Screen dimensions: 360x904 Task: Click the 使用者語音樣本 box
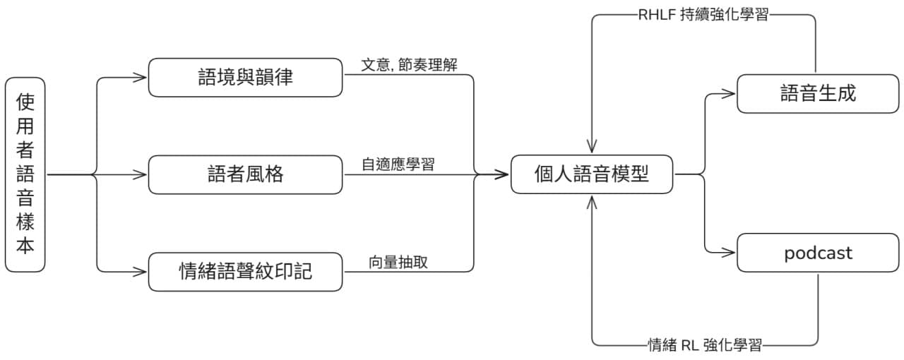(x=25, y=174)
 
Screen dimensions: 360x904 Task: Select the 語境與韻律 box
(x=245, y=77)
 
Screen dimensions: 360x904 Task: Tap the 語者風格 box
(x=245, y=174)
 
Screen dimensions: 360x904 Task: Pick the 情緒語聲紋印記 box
(x=245, y=272)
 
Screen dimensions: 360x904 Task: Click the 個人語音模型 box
(x=592, y=174)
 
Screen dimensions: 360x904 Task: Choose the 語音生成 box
(x=818, y=93)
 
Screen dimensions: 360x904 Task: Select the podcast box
(x=818, y=253)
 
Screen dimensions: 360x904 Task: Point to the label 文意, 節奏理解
(x=409, y=65)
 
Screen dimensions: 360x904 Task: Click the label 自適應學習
(x=398, y=164)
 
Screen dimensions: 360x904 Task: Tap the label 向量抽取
(x=398, y=262)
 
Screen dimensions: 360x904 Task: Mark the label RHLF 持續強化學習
(x=703, y=15)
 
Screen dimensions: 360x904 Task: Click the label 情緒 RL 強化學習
(x=705, y=345)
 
